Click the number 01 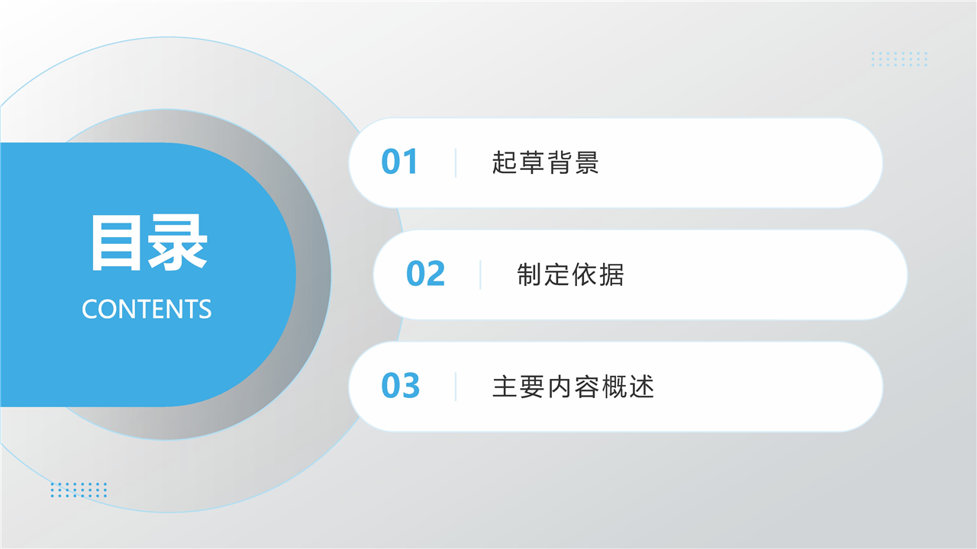(x=399, y=162)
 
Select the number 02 (x=425, y=274)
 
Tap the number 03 (x=401, y=386)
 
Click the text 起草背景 (x=545, y=162)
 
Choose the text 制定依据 (x=570, y=274)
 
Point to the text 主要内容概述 (x=572, y=387)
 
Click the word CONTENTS (x=147, y=309)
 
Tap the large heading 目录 (x=148, y=242)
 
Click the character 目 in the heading (x=117, y=242)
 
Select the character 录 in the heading (x=178, y=242)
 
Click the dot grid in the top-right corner (x=899, y=59)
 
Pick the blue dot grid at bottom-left (x=79, y=490)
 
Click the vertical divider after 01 (x=456, y=163)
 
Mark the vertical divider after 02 (x=480, y=275)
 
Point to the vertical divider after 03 (x=456, y=387)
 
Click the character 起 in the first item (x=505, y=162)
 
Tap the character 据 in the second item (x=611, y=274)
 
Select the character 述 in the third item (x=641, y=387)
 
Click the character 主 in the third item (x=505, y=387)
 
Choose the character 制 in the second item (x=530, y=274)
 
